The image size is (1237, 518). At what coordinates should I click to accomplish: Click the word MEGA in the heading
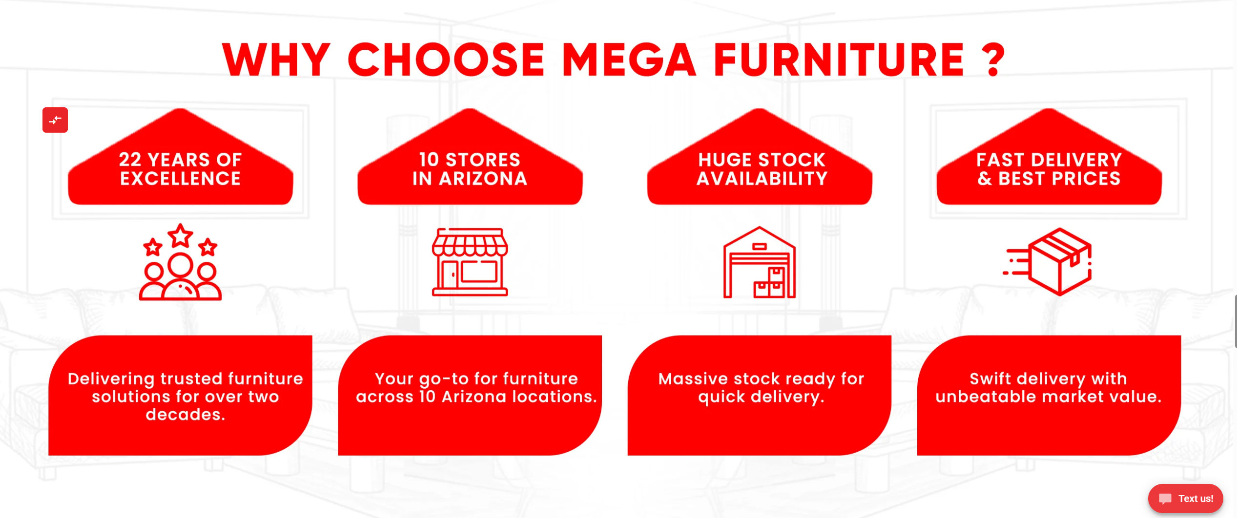click(x=629, y=60)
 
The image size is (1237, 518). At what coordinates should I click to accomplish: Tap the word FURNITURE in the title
click(x=839, y=60)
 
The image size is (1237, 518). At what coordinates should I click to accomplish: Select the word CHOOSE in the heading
click(x=446, y=60)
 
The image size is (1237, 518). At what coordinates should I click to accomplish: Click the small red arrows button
click(x=55, y=120)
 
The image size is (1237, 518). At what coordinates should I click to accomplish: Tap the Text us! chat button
click(x=1185, y=498)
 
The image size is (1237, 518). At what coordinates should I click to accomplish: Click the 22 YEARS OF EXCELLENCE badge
click(x=180, y=168)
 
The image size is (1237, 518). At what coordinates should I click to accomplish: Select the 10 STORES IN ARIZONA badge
click(x=470, y=168)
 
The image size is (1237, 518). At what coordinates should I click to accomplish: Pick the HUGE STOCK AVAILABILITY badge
click(x=760, y=168)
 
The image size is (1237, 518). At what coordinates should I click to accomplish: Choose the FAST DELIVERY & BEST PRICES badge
click(x=1049, y=168)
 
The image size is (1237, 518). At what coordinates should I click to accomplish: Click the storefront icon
click(x=470, y=262)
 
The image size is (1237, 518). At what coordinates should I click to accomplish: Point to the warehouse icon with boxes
click(x=759, y=262)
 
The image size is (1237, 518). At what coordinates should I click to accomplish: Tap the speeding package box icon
click(x=1050, y=261)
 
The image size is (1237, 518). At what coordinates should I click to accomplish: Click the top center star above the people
click(x=180, y=236)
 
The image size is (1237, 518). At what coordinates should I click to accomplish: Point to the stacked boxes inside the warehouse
click(x=770, y=283)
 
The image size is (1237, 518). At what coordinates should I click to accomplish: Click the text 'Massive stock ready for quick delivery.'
click(x=761, y=388)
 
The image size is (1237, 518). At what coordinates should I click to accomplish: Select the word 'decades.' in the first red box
click(x=186, y=415)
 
